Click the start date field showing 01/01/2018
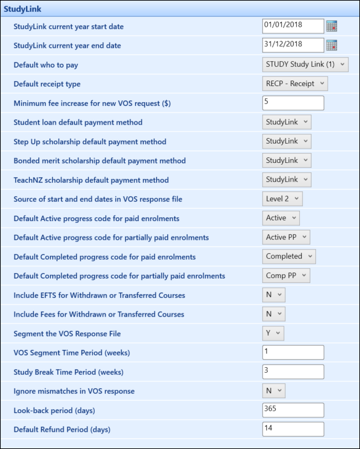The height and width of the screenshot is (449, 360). tap(293, 25)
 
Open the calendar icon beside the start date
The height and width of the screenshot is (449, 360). tap(332, 26)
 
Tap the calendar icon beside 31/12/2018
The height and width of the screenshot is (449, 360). tap(332, 45)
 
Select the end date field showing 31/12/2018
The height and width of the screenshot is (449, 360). tap(293, 45)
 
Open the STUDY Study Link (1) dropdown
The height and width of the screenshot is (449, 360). tap(305, 64)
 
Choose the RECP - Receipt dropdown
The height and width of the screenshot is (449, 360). tap(295, 84)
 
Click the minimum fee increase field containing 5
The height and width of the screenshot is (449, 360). tap(293, 103)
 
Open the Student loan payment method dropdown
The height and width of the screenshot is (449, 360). tap(287, 122)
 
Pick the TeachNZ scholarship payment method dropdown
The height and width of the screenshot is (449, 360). tap(287, 180)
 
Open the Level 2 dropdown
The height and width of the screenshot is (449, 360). tap(283, 199)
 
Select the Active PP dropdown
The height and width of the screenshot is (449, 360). tap(286, 237)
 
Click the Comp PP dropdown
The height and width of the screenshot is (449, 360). tap(286, 276)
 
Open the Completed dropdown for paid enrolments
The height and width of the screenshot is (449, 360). tap(289, 256)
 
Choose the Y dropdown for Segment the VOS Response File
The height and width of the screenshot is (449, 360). tap(273, 333)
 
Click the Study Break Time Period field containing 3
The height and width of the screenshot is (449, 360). tap(293, 372)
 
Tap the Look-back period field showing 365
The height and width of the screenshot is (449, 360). tap(293, 410)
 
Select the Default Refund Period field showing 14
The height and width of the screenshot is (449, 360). tap(293, 429)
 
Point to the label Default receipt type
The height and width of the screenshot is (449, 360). tap(47, 84)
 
